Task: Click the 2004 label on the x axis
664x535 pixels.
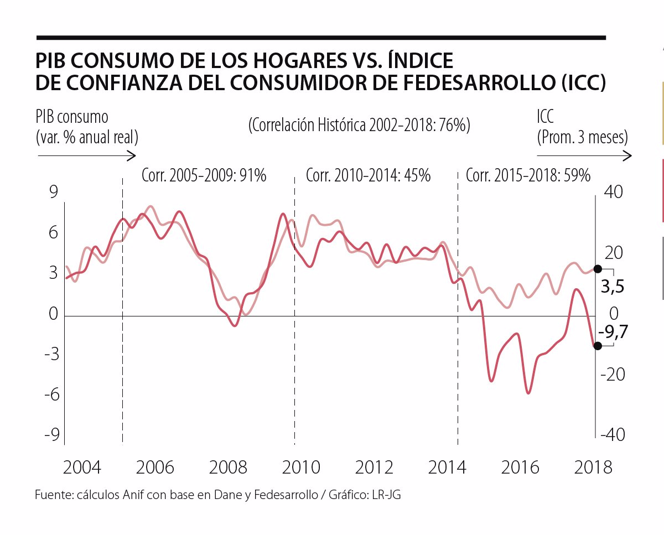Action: pos(82,468)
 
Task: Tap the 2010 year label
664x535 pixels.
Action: pos(301,468)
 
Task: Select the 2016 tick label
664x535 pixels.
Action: pos(520,468)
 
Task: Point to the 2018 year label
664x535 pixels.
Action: pos(593,468)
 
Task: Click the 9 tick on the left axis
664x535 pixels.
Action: pos(53,192)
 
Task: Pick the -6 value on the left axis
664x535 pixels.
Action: pos(52,394)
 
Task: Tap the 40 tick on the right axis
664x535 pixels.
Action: pos(614,192)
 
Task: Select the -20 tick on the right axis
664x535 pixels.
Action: pos(613,375)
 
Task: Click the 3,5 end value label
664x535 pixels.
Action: pos(613,287)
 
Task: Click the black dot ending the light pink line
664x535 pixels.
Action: pos(598,269)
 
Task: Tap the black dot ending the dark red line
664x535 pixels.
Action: pos(598,346)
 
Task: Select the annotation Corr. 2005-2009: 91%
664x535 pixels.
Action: pos(204,175)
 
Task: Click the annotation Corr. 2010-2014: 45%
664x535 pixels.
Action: pos(368,175)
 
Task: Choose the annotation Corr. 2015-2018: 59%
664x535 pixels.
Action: pos(528,175)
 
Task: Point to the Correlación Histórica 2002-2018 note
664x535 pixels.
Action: pos(359,125)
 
